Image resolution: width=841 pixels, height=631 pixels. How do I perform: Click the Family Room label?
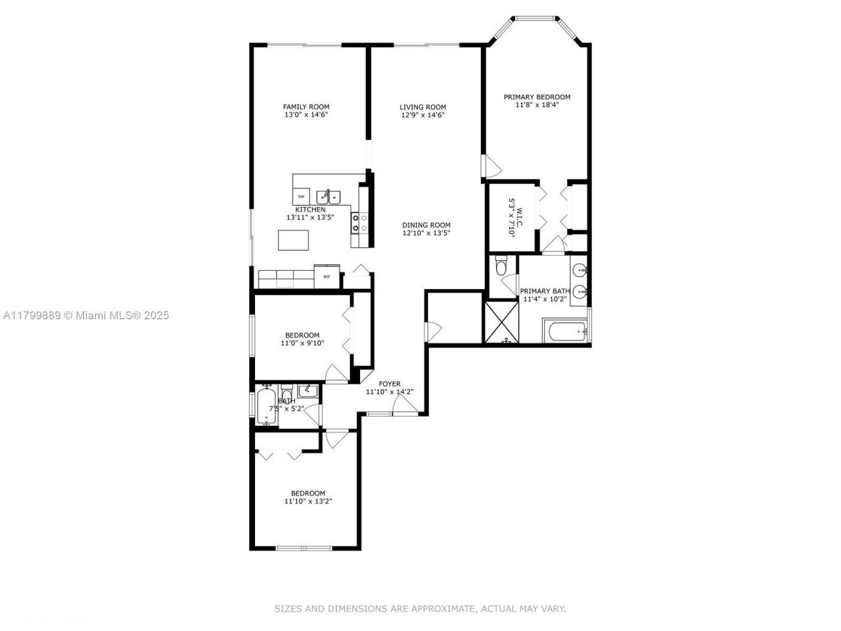(306, 107)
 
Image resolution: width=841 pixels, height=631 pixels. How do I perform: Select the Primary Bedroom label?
(537, 97)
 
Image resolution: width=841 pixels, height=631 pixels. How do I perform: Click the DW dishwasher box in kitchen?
(301, 197)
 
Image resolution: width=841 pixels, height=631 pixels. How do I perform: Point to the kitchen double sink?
(329, 196)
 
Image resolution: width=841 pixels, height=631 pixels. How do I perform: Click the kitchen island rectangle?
(293, 240)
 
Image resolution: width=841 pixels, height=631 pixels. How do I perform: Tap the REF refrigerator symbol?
(327, 277)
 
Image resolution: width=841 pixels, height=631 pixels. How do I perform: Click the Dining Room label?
(426, 225)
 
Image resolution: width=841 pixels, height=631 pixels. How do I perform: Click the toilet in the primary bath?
(501, 266)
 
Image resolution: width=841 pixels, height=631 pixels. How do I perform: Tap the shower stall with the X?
(501, 321)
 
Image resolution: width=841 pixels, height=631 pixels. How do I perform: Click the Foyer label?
(390, 384)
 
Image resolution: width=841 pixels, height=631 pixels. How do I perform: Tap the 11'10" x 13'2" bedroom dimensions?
(308, 502)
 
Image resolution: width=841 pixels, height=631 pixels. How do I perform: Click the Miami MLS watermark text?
(86, 315)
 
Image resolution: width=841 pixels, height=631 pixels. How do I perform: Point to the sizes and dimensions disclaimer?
(420, 609)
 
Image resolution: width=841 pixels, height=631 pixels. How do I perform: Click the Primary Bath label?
(545, 291)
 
